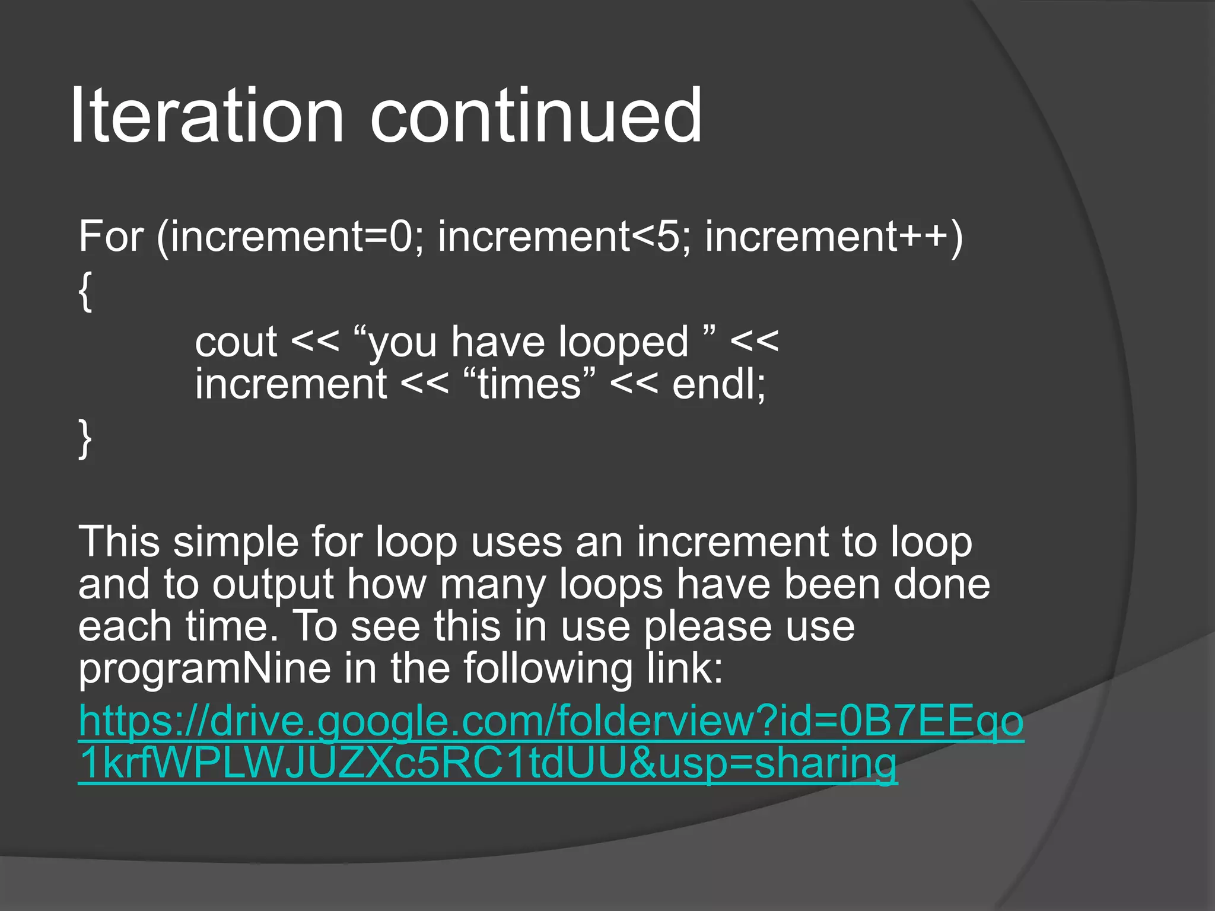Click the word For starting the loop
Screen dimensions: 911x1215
pyautogui.click(x=111, y=236)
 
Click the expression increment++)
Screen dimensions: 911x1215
pyautogui.click(x=834, y=236)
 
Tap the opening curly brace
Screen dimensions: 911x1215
pyautogui.click(x=85, y=291)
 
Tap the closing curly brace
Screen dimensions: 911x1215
pyautogui.click(x=85, y=438)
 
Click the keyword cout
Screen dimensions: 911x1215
pyautogui.click(x=236, y=342)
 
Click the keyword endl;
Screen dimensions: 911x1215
pyautogui.click(x=718, y=384)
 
